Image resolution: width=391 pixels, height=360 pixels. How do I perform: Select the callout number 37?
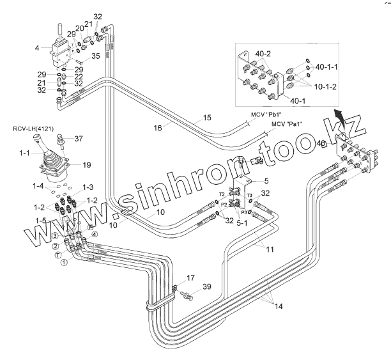(79, 139)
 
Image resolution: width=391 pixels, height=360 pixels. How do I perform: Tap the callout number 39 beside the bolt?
(206, 286)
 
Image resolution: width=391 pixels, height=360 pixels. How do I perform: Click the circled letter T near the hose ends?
(58, 254)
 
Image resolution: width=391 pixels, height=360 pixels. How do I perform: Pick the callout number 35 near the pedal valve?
(96, 56)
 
